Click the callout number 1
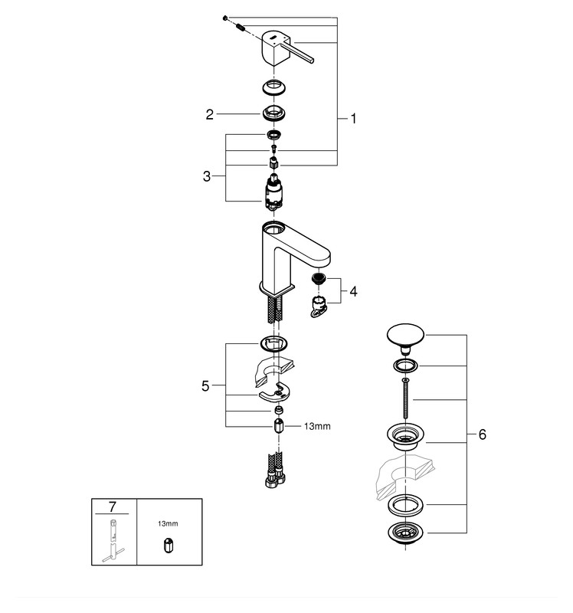pos(353,119)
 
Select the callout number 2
pos(209,115)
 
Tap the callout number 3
pos(207,176)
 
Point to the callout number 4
pos(353,292)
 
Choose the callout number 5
pos(205,386)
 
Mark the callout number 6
pos(482,434)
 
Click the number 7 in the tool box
pos(113,506)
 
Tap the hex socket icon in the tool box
pos(169,543)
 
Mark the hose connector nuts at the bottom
pos(275,484)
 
